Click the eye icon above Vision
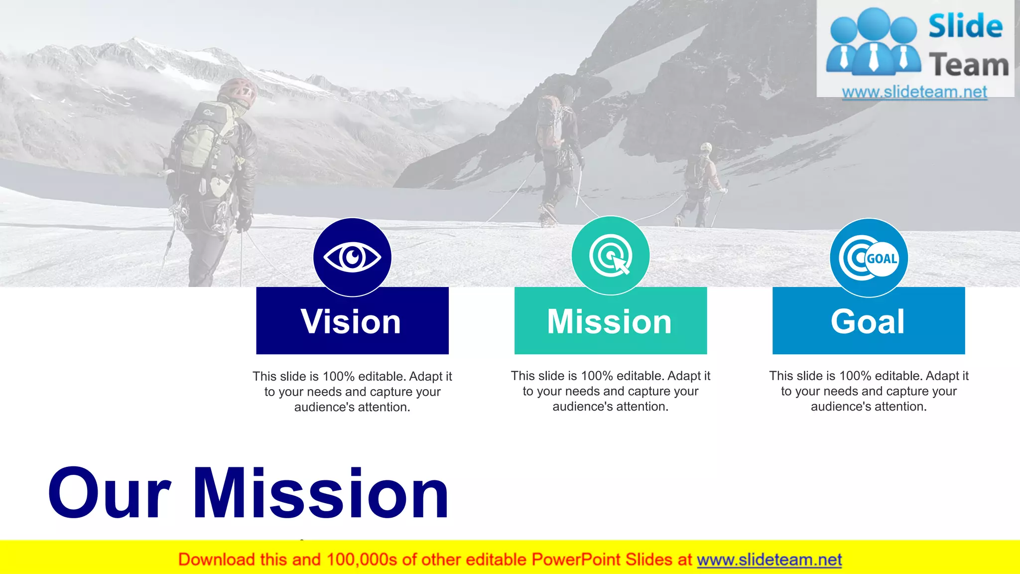coord(352,257)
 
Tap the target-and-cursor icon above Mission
coord(611,256)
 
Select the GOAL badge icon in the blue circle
coord(869,258)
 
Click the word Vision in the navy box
coord(351,321)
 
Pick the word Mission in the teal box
coord(610,321)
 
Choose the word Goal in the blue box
coord(868,321)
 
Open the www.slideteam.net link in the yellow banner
coord(769,560)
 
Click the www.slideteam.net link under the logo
coord(914,92)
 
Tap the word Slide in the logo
coord(965,26)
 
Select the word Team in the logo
coord(969,65)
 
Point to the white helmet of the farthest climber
coord(706,147)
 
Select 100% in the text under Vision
coord(339,376)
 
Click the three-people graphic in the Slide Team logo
coord(873,42)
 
